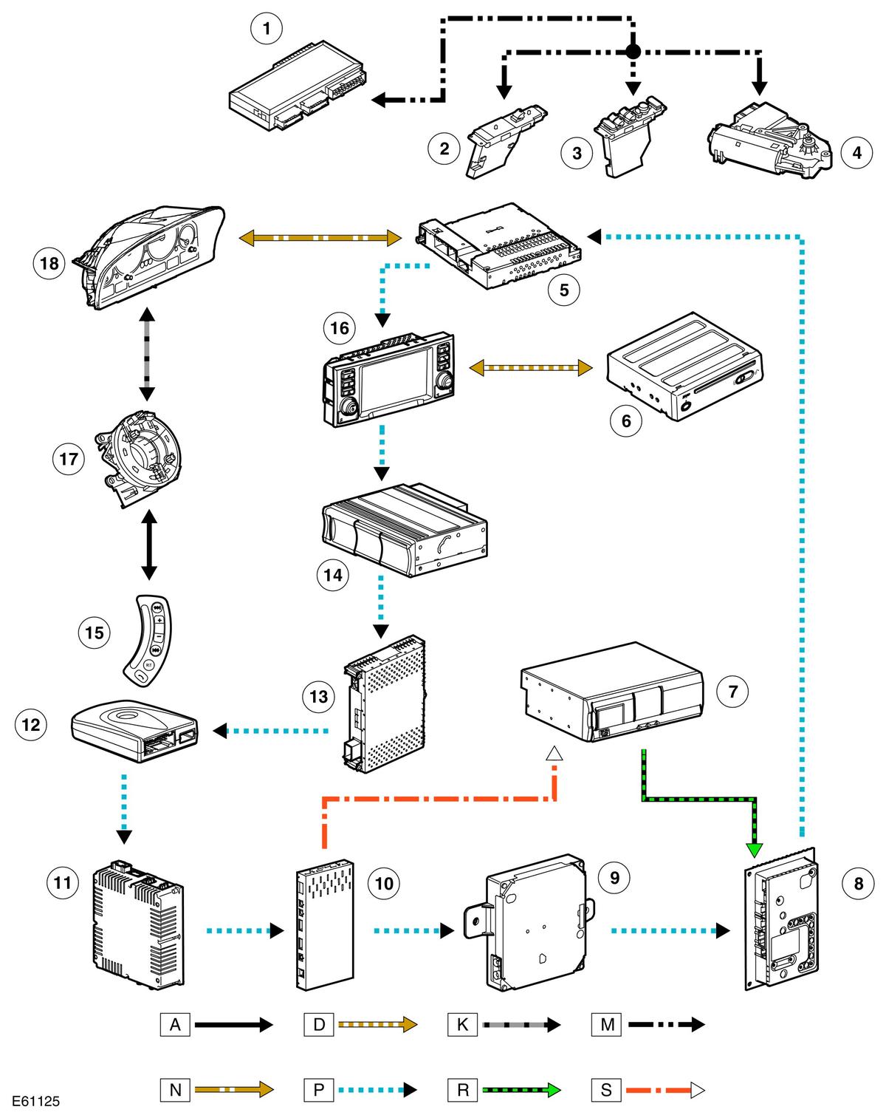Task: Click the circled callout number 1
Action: [x=267, y=29]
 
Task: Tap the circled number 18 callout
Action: [x=49, y=263]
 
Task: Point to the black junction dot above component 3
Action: [x=633, y=52]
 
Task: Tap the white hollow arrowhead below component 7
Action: [x=554, y=753]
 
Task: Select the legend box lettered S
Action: [x=606, y=1089]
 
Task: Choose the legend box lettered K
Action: [x=462, y=1024]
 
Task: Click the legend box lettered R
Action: [x=462, y=1089]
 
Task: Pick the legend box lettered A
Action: [x=175, y=1024]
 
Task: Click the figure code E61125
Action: [x=36, y=1102]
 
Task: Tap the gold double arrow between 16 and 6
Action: [x=530, y=368]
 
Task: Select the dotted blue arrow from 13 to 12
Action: [x=270, y=731]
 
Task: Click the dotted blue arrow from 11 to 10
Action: [x=245, y=930]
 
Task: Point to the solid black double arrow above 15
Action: [x=149, y=545]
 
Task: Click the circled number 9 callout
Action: [x=614, y=877]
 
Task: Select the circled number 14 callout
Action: [x=333, y=575]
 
